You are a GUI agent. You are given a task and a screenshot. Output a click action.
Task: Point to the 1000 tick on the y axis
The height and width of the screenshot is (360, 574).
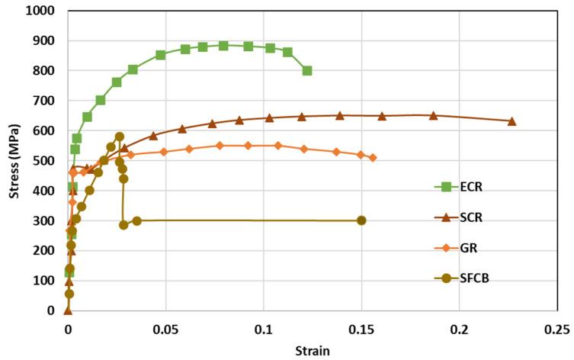[x=44, y=11]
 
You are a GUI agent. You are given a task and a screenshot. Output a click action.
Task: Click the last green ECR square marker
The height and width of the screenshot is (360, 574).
[x=307, y=71]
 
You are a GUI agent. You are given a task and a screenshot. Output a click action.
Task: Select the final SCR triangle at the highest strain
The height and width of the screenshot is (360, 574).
[x=511, y=121]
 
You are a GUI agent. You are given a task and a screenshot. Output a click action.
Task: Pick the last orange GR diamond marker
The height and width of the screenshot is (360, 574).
[x=373, y=158]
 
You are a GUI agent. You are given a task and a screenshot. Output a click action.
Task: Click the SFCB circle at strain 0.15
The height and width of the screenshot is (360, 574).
[x=361, y=220]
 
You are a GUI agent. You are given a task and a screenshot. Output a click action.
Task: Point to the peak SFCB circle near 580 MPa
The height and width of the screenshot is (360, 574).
[x=120, y=137]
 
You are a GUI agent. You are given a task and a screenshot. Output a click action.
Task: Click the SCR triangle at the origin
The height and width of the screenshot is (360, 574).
[x=68, y=310]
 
